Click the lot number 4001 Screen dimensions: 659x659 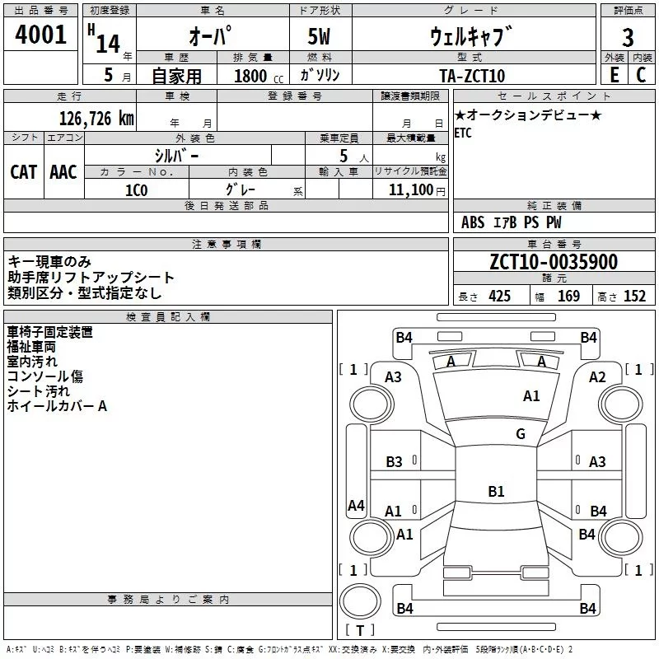click(x=40, y=35)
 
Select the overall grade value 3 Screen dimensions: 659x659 click(x=628, y=38)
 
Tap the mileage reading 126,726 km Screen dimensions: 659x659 click(x=96, y=119)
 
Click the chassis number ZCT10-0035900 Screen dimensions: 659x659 click(x=554, y=262)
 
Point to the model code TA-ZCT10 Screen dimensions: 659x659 click(x=472, y=76)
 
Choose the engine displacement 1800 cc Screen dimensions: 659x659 click(x=259, y=76)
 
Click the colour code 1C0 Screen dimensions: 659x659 click(x=137, y=190)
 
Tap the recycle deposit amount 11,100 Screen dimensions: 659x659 click(x=410, y=190)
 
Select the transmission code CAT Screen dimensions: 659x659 click(x=24, y=172)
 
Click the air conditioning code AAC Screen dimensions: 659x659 click(x=63, y=172)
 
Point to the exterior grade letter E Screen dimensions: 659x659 click(x=614, y=75)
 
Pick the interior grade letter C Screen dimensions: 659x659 click(x=641, y=75)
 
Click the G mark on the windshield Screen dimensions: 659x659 click(x=521, y=433)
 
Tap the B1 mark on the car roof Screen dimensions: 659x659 click(x=496, y=491)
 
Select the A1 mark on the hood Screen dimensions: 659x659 click(x=531, y=396)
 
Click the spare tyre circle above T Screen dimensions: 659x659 click(x=360, y=601)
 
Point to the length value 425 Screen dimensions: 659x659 click(x=500, y=297)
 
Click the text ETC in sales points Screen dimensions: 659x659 click(x=463, y=133)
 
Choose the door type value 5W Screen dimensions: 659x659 click(x=319, y=37)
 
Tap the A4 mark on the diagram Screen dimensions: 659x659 click(x=356, y=505)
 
